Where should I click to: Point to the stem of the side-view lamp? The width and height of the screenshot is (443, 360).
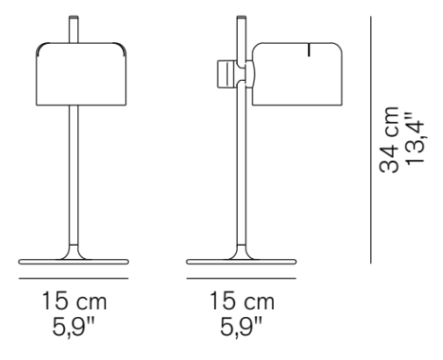[241, 176]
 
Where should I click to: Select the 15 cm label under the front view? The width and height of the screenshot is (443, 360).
[75, 303]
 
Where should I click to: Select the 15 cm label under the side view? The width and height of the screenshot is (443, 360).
[241, 303]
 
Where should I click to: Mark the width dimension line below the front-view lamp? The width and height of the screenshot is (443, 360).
[75, 278]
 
